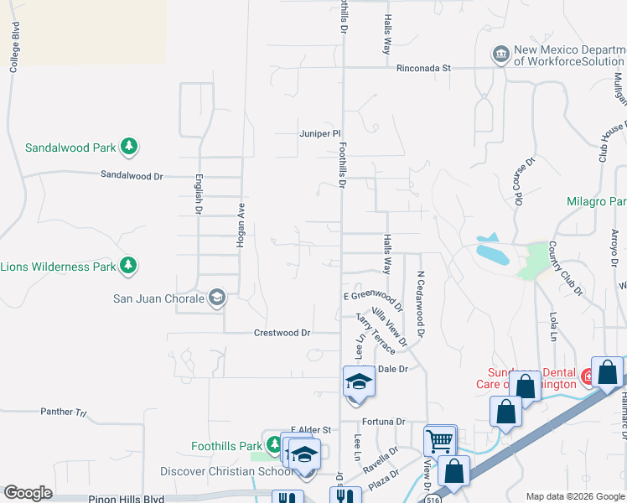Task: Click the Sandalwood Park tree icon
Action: pyautogui.click(x=128, y=148)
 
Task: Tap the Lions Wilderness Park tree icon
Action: pyautogui.click(x=128, y=267)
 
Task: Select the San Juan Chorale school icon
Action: pyautogui.click(x=217, y=298)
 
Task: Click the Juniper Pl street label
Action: pyautogui.click(x=319, y=133)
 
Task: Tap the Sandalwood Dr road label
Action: pyautogui.click(x=132, y=176)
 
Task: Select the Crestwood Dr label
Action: pyautogui.click(x=282, y=333)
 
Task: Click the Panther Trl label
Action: pyautogui.click(x=64, y=412)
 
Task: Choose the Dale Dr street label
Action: pyautogui.click(x=392, y=369)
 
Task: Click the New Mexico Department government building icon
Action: pyautogui.click(x=500, y=54)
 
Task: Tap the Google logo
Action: pyautogui.click(x=28, y=493)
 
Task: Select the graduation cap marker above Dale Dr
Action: pyautogui.click(x=358, y=381)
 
